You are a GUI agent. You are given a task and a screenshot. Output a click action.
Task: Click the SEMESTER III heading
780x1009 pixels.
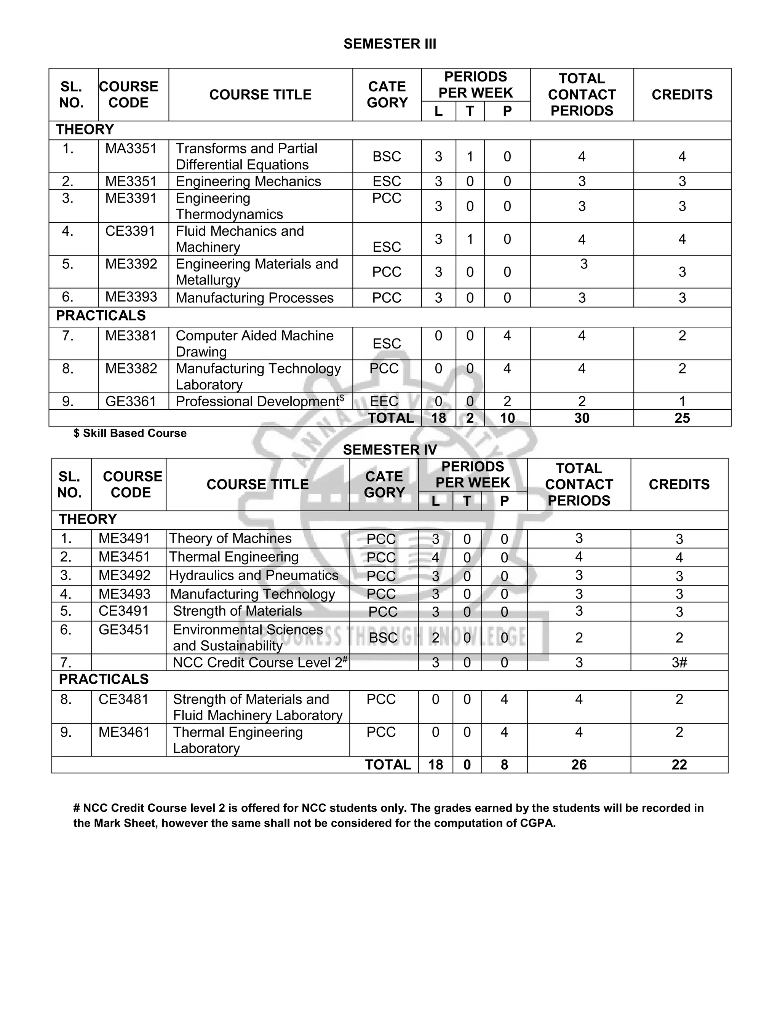(x=390, y=44)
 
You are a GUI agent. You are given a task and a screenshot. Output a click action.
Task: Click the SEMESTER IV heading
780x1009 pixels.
(x=390, y=450)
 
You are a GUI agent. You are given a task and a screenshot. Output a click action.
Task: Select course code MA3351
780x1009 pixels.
(x=131, y=149)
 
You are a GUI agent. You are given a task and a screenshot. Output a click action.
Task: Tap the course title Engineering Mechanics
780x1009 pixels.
(x=248, y=182)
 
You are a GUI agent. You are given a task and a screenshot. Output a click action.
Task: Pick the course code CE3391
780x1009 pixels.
(x=130, y=231)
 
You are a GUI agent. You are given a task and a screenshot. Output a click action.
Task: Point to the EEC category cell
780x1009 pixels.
(x=384, y=401)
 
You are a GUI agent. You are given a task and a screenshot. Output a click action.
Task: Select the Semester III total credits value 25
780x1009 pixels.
(x=682, y=418)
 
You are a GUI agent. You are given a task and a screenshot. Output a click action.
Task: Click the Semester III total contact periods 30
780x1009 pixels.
(x=581, y=418)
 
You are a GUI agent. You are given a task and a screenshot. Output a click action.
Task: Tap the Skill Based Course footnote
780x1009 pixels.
(x=130, y=433)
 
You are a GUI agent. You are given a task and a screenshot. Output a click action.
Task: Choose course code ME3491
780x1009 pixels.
(x=124, y=538)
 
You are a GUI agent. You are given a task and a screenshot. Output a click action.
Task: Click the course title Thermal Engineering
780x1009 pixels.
(x=233, y=557)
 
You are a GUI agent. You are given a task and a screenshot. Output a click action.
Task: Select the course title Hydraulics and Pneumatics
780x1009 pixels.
(x=253, y=576)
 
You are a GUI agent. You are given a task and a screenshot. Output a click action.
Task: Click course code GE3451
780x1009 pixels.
(x=124, y=630)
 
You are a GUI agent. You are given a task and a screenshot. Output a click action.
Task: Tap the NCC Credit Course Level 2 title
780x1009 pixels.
(x=258, y=663)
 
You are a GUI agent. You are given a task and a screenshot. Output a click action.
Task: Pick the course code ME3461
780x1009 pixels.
(x=124, y=732)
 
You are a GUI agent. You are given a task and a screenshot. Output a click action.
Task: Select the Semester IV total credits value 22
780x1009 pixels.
(x=679, y=765)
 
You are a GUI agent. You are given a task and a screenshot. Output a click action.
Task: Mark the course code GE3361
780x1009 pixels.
(x=130, y=401)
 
